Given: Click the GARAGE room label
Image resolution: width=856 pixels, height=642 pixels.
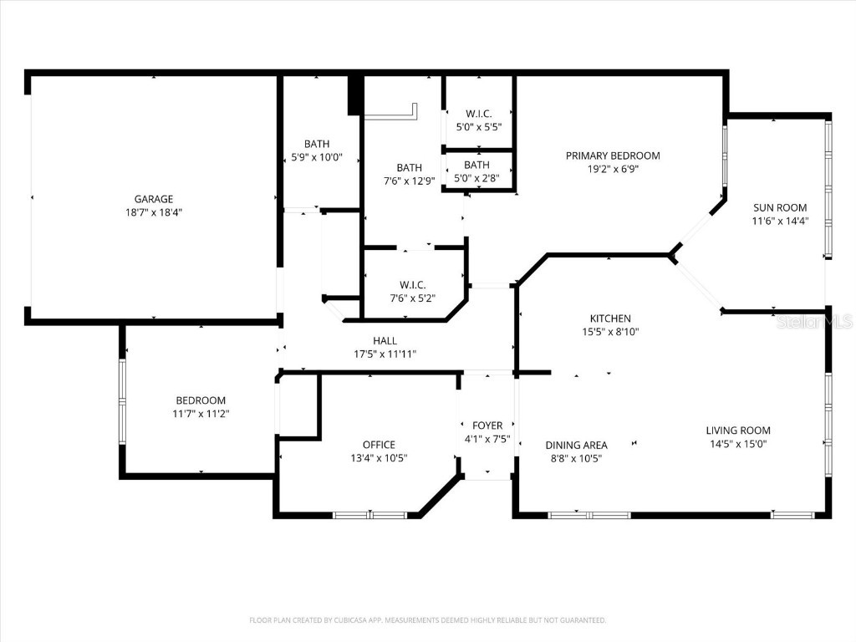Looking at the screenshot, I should click(154, 199).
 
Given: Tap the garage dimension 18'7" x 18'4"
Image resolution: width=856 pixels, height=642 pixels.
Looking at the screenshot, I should click(154, 212).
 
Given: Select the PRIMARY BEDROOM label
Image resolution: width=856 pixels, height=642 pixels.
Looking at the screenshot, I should click(613, 155).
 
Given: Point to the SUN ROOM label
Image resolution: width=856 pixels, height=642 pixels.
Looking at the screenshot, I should click(779, 207).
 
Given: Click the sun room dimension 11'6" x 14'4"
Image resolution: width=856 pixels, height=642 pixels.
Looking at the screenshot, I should click(779, 221).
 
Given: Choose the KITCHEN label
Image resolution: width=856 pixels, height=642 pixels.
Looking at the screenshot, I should click(610, 318).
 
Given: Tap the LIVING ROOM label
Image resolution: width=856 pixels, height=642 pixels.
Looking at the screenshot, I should click(738, 431).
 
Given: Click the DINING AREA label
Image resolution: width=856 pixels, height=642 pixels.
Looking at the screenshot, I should click(576, 445).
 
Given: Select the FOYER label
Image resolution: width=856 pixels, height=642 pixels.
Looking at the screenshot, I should click(487, 425).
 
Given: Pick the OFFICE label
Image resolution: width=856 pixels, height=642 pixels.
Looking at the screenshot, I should click(379, 445).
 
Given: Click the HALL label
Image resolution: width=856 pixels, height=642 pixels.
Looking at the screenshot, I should click(385, 340).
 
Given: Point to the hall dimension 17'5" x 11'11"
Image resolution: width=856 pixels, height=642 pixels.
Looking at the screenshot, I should click(385, 354).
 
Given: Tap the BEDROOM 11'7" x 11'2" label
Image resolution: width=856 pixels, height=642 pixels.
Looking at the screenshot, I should click(201, 400).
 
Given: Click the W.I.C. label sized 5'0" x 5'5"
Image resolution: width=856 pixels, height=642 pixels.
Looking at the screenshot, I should click(478, 113).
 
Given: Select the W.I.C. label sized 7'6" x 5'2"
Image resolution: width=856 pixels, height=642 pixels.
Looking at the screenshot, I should click(412, 284).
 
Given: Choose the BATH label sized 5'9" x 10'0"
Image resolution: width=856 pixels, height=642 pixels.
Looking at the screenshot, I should click(317, 144).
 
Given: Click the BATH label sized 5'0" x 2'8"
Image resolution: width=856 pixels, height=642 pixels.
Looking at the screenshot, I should click(476, 165).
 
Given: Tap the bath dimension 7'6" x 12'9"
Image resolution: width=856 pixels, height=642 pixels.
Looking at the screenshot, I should click(409, 181).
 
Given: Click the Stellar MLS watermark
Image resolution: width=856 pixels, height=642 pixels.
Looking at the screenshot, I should click(814, 321).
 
